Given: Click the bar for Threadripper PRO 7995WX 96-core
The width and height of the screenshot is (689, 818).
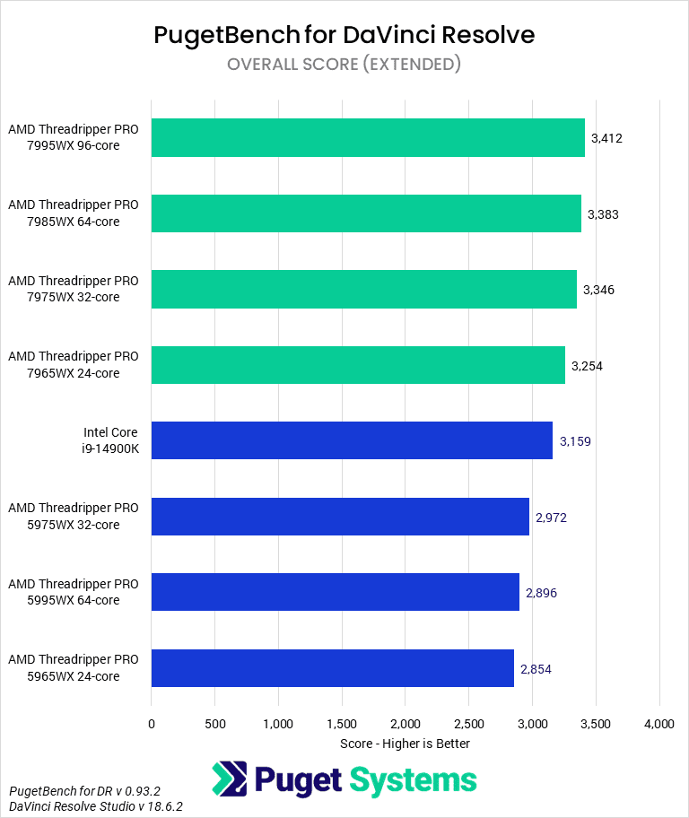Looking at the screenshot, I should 368,137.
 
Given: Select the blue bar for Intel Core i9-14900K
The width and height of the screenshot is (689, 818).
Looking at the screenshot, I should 352,440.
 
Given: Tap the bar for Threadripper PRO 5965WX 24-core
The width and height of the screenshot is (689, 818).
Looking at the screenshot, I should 333,668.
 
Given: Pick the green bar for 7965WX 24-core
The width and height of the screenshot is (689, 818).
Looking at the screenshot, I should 358,365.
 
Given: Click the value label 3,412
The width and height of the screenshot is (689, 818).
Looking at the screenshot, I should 606,138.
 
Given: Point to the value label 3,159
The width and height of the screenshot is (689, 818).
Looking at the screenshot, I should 575,441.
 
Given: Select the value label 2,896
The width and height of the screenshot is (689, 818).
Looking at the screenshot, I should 541,593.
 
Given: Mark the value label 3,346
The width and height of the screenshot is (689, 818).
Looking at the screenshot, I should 598,290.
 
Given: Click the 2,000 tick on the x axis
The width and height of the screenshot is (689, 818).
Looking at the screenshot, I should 406,723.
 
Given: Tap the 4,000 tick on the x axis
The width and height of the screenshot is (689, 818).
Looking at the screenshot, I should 659,723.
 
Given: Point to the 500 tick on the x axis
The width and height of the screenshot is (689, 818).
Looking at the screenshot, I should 214,723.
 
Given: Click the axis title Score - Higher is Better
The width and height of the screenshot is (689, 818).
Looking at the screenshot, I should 405,744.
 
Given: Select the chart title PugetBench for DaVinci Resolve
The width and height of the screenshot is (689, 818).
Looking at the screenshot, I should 344,34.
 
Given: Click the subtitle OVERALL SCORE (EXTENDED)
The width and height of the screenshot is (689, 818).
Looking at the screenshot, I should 344,64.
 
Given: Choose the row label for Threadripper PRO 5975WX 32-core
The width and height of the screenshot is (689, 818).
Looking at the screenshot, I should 74,517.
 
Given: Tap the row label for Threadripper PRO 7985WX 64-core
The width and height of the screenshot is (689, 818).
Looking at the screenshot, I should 74,213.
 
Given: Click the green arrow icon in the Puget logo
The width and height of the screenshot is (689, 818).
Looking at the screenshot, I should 230,779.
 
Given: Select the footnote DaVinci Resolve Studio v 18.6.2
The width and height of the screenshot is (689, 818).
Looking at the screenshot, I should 96,807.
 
